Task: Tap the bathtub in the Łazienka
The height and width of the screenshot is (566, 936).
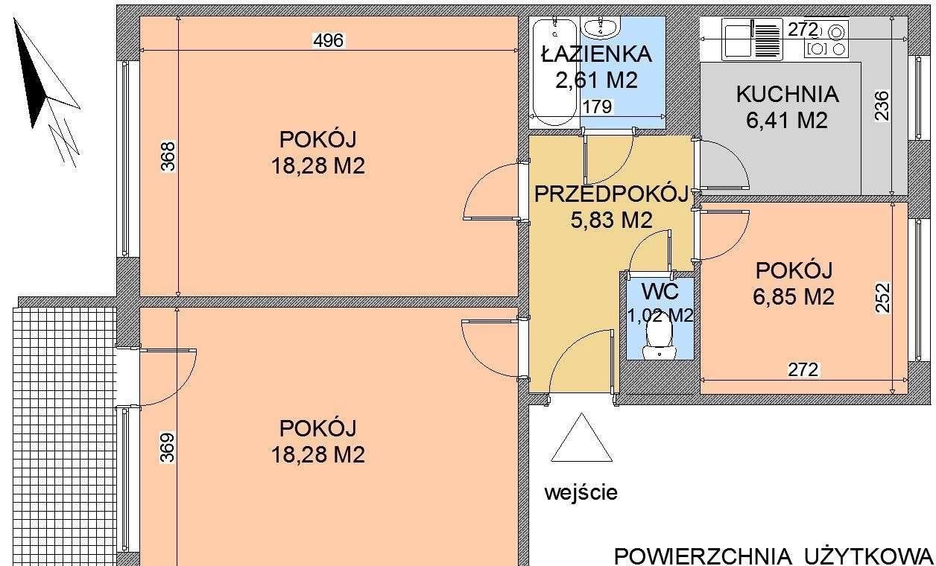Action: pyautogui.click(x=555, y=71)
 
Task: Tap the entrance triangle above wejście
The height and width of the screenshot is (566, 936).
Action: pyautogui.click(x=582, y=437)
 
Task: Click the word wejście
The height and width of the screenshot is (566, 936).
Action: pyautogui.click(x=581, y=493)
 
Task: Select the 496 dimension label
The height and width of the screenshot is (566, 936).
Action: pyautogui.click(x=329, y=40)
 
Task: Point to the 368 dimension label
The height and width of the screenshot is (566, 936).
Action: pyautogui.click(x=168, y=156)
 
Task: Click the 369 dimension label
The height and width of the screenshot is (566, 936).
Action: pyautogui.click(x=167, y=448)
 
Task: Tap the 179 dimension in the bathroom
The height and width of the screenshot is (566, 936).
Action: pyautogui.click(x=597, y=107)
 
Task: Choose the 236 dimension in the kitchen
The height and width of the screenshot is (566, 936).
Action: pyautogui.click(x=882, y=106)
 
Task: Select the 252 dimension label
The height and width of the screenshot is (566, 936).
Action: pyautogui.click(x=882, y=298)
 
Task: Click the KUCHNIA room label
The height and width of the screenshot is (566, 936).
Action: pyautogui.click(x=787, y=95)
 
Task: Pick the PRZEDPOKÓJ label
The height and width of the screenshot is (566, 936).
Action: pyautogui.click(x=611, y=194)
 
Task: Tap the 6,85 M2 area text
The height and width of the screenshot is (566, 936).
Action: pyautogui.click(x=794, y=297)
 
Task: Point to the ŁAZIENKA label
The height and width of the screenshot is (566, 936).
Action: pyautogui.click(x=597, y=54)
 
